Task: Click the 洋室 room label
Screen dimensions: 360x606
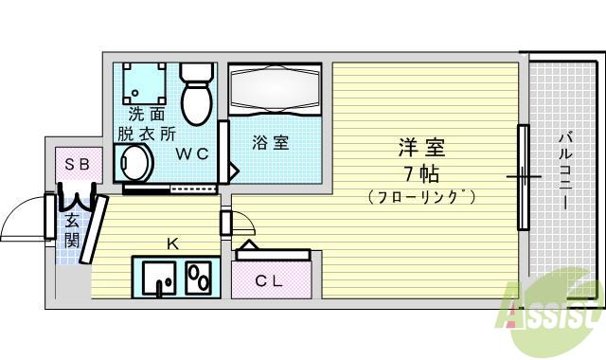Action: (x=421, y=148)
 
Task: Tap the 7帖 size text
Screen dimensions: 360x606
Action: (x=421, y=172)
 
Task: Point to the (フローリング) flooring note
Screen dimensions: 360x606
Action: (x=421, y=197)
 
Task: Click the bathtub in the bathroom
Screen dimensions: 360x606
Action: (x=276, y=93)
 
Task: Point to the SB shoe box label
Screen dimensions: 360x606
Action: (x=77, y=164)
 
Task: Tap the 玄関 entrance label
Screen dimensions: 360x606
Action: (x=72, y=230)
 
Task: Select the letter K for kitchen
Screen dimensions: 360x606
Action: (x=172, y=243)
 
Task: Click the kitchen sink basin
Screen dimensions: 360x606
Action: (x=159, y=279)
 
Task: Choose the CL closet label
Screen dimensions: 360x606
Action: (x=272, y=280)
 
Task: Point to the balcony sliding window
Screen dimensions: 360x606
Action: (x=522, y=176)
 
